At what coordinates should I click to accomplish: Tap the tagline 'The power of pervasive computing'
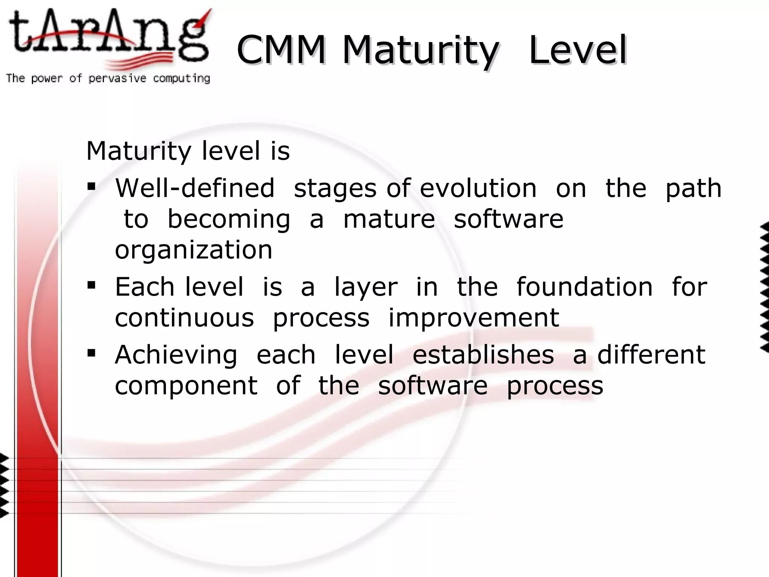pyautogui.click(x=108, y=78)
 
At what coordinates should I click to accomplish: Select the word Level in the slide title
pyautogui.click(x=578, y=50)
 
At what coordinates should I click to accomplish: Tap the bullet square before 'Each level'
pyautogui.click(x=91, y=285)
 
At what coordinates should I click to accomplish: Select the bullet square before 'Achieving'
pyautogui.click(x=91, y=353)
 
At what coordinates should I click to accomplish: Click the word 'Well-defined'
pyautogui.click(x=195, y=188)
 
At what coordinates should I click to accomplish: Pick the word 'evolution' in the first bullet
pyautogui.click(x=478, y=188)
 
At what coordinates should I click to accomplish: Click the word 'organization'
pyautogui.click(x=193, y=250)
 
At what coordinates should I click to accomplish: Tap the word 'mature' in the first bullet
pyautogui.click(x=389, y=219)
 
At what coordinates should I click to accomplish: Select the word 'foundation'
pyautogui.click(x=585, y=287)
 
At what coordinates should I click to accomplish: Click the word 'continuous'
pyautogui.click(x=184, y=318)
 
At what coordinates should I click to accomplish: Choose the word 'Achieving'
pyautogui.click(x=176, y=355)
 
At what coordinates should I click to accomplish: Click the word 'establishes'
pyautogui.click(x=483, y=355)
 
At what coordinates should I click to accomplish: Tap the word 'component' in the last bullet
pyautogui.click(x=186, y=386)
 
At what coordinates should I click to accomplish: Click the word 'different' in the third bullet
pyautogui.click(x=651, y=355)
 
